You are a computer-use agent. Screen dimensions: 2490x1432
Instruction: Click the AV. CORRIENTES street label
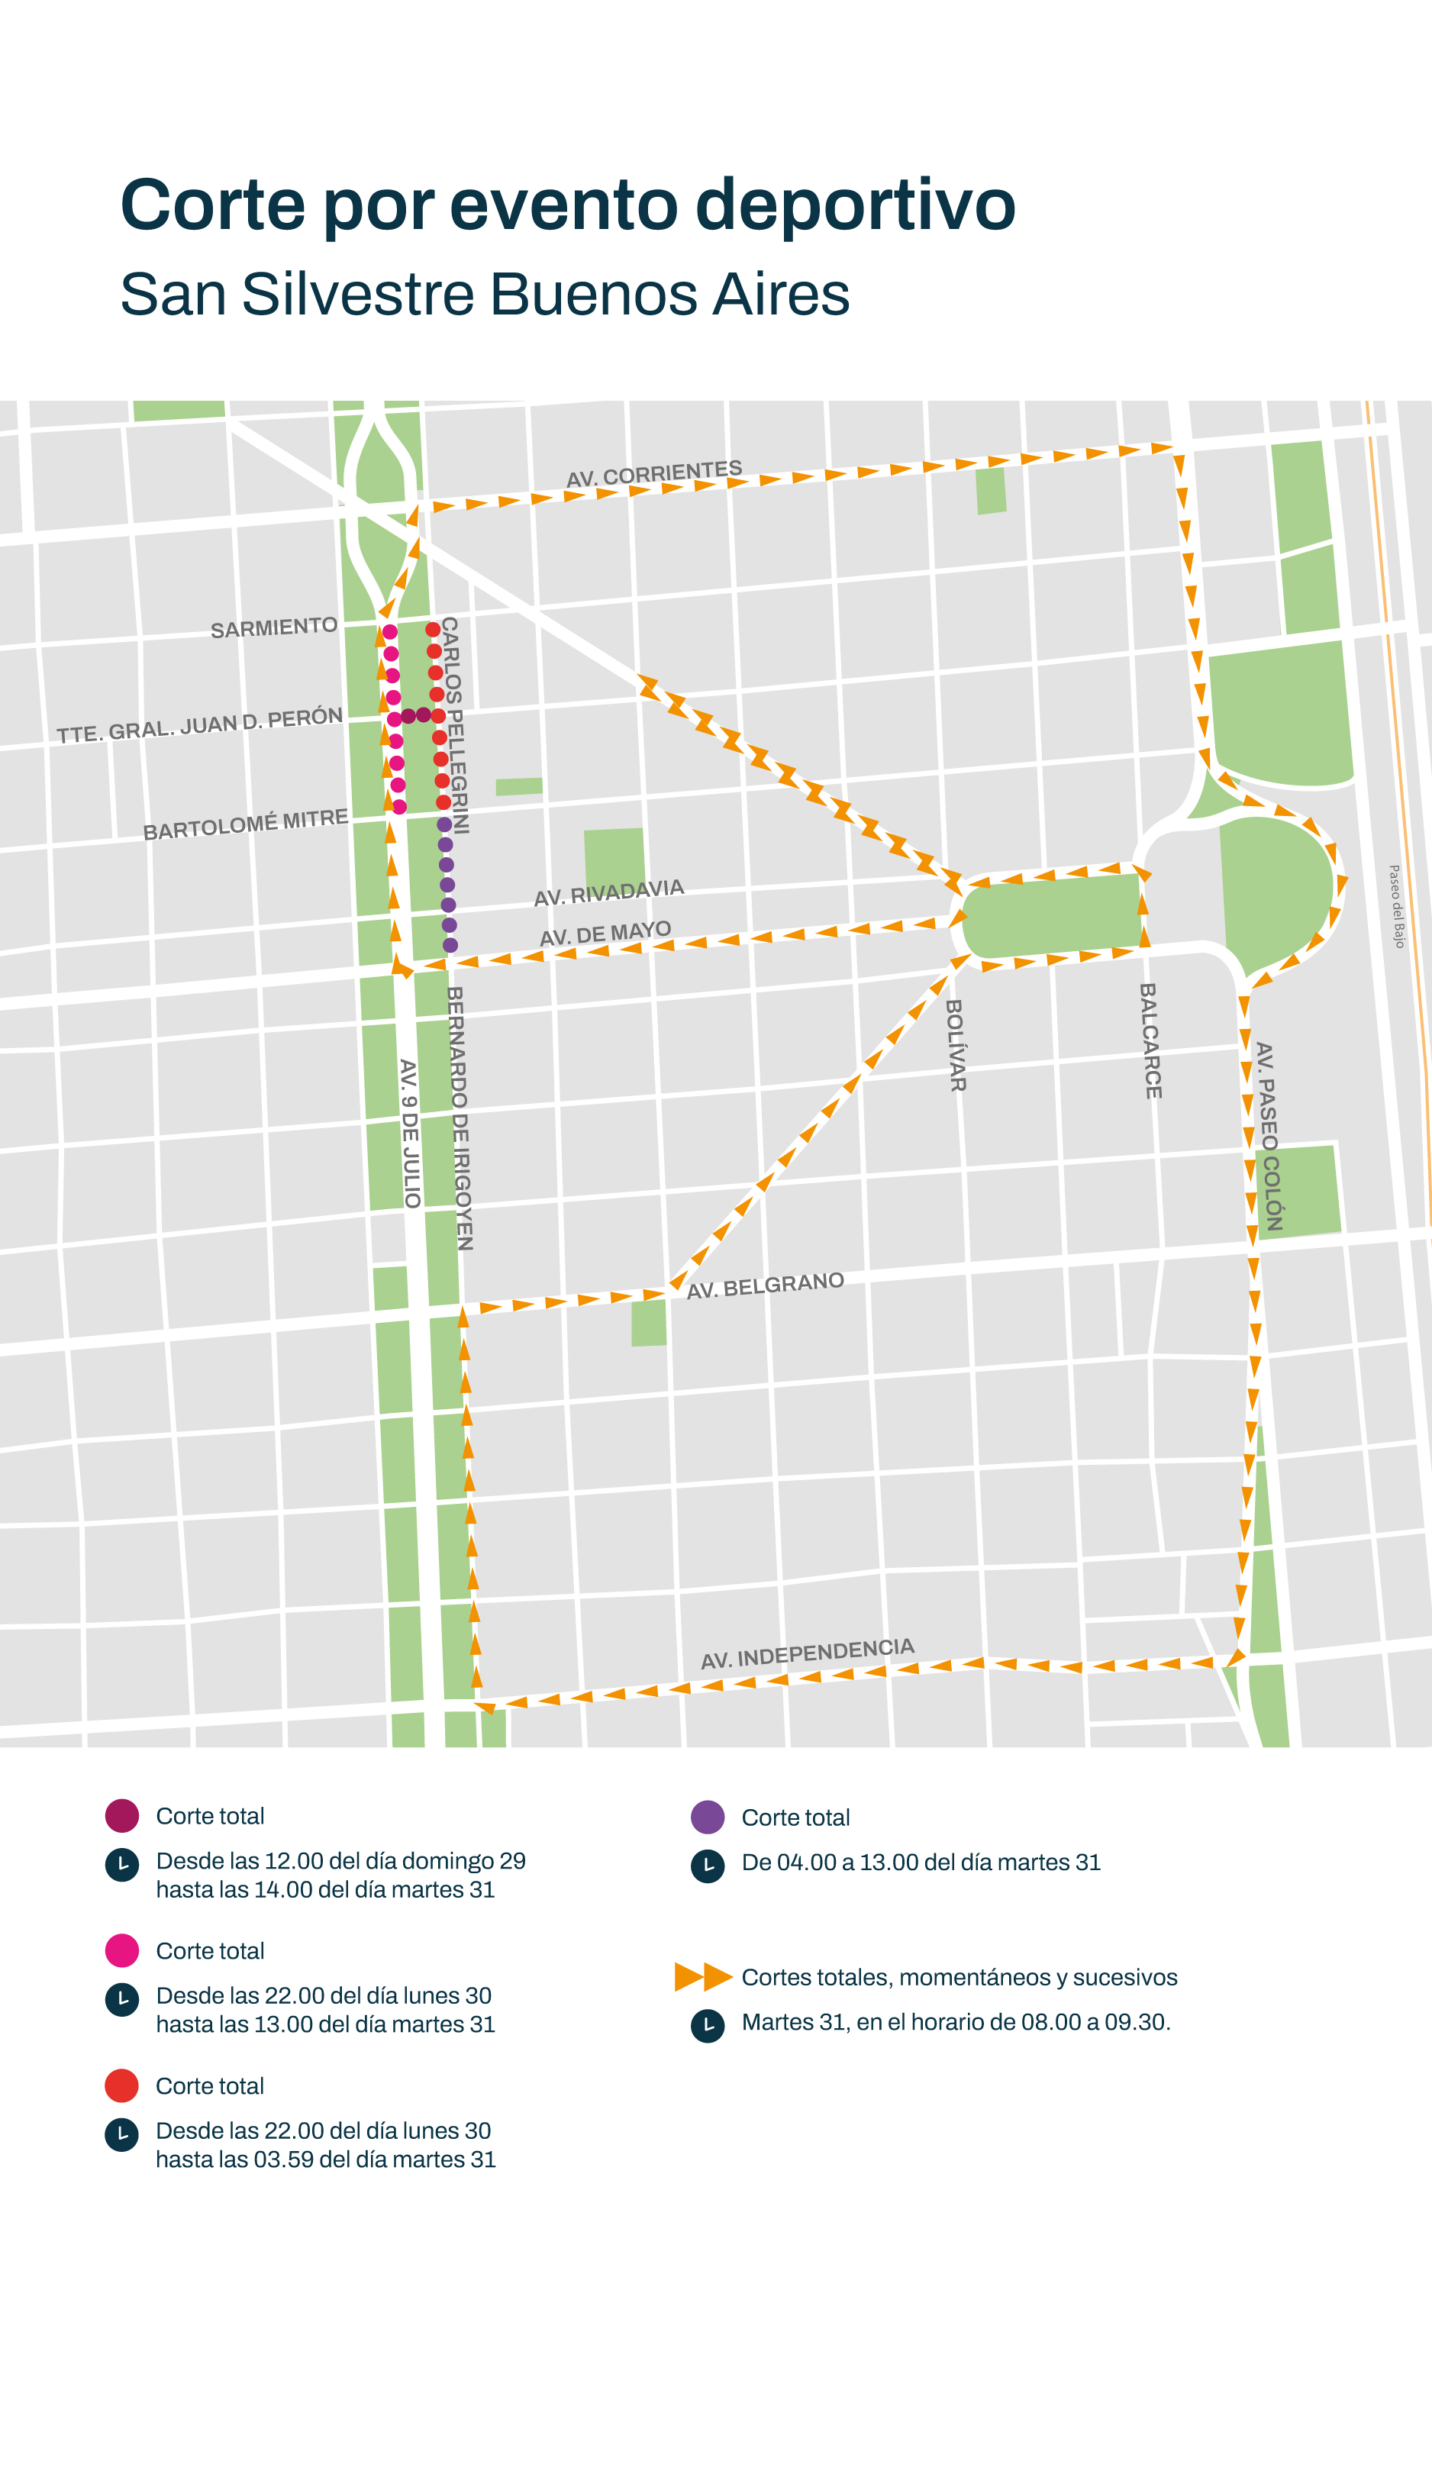654,473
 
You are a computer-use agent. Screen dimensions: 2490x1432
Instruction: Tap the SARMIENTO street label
273,627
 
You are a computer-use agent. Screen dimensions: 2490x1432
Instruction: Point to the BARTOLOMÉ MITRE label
246,825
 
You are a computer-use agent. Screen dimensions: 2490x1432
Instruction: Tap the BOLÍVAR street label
955,1045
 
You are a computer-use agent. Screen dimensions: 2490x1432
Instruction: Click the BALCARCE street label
1151,1040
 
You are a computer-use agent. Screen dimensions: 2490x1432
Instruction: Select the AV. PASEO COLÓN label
1269,1136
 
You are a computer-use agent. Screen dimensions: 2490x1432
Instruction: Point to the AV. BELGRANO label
765,1285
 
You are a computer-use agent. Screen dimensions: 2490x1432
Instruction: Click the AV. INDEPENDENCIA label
808,1653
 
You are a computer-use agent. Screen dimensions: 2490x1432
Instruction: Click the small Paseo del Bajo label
1397,906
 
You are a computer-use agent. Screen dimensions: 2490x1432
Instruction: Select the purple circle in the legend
707,1818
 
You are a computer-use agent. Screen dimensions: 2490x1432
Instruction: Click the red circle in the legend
122,2086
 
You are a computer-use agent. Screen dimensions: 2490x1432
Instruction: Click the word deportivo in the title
855,205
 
